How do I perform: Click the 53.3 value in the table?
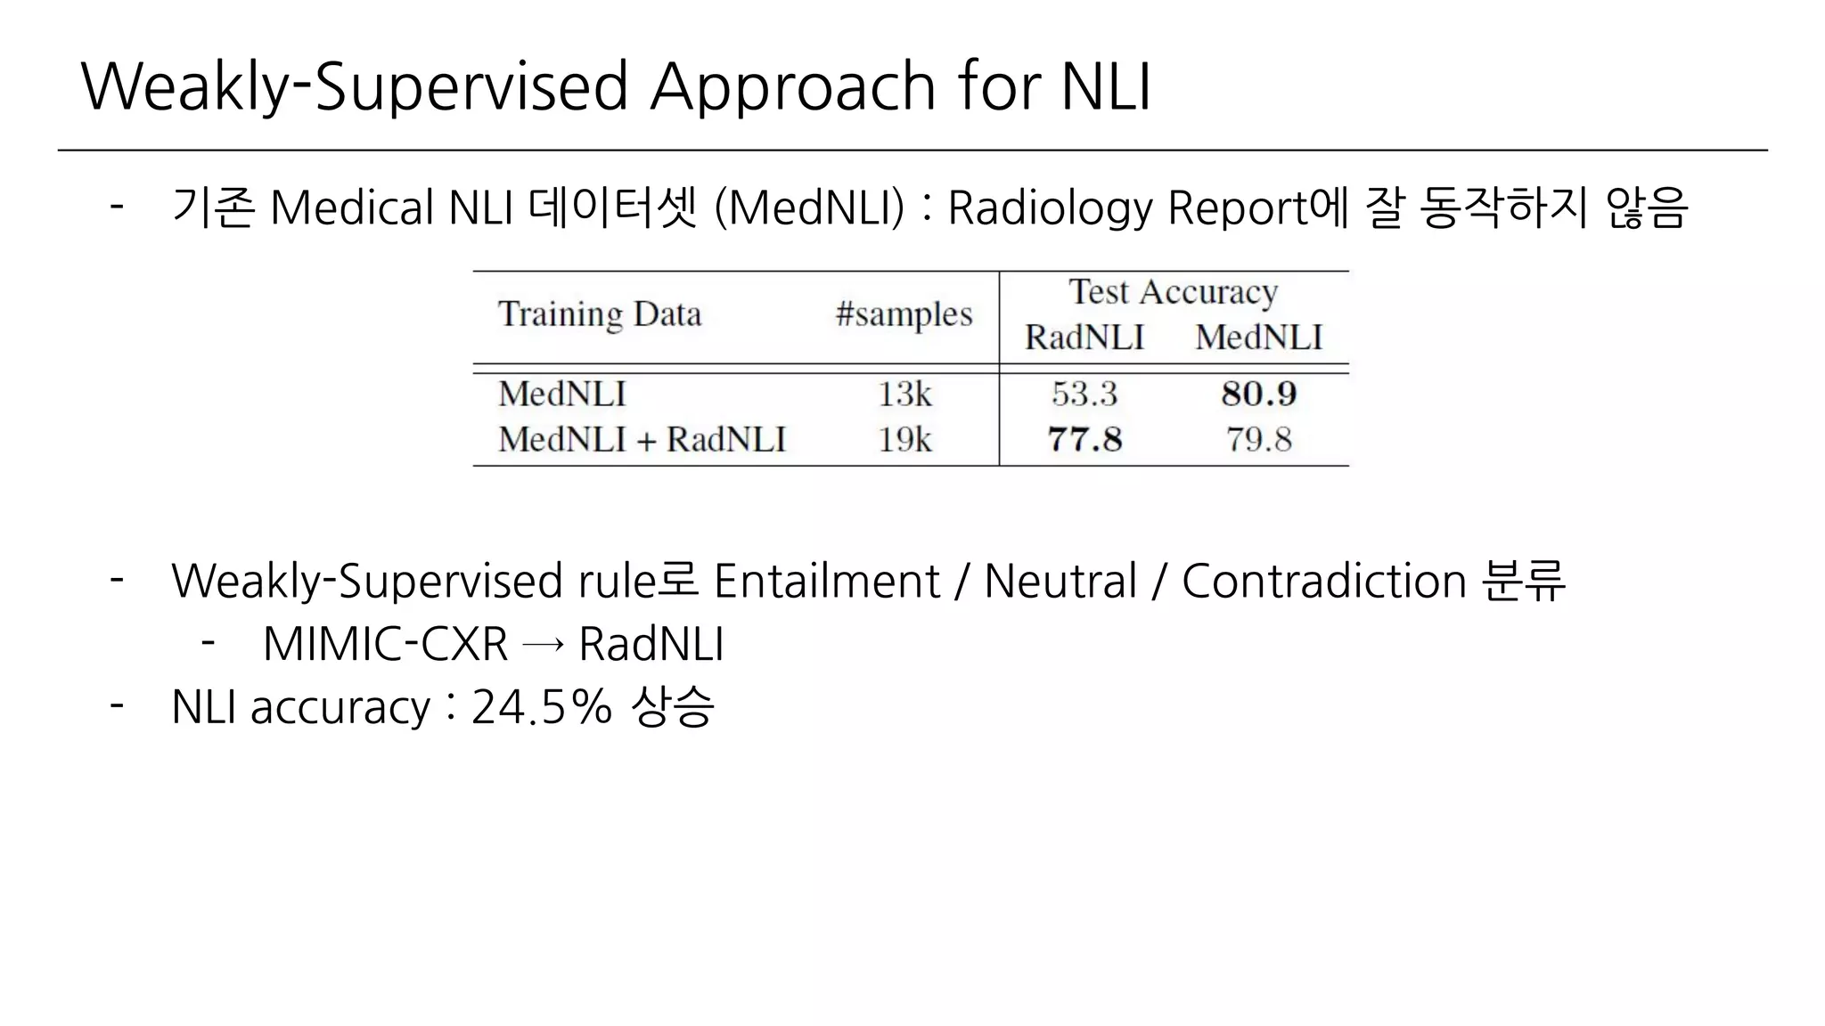(1084, 394)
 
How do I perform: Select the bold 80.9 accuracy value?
(1258, 394)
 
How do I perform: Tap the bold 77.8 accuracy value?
(1084, 439)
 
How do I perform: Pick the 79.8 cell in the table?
(1258, 439)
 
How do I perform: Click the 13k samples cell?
(904, 394)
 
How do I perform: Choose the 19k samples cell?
(904, 439)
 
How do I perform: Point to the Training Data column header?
(600, 314)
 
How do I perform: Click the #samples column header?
(904, 314)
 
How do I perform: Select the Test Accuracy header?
(1174, 292)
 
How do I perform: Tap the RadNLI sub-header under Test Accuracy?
(1084, 338)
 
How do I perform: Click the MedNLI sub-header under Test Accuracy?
(1258, 338)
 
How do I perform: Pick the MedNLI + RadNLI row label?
(642, 439)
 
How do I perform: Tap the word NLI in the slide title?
(1106, 86)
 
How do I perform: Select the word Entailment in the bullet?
(826, 582)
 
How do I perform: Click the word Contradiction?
(1323, 582)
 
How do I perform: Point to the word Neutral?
(1060, 582)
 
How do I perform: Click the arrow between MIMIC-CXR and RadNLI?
(543, 645)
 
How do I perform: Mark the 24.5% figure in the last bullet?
(541, 707)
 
